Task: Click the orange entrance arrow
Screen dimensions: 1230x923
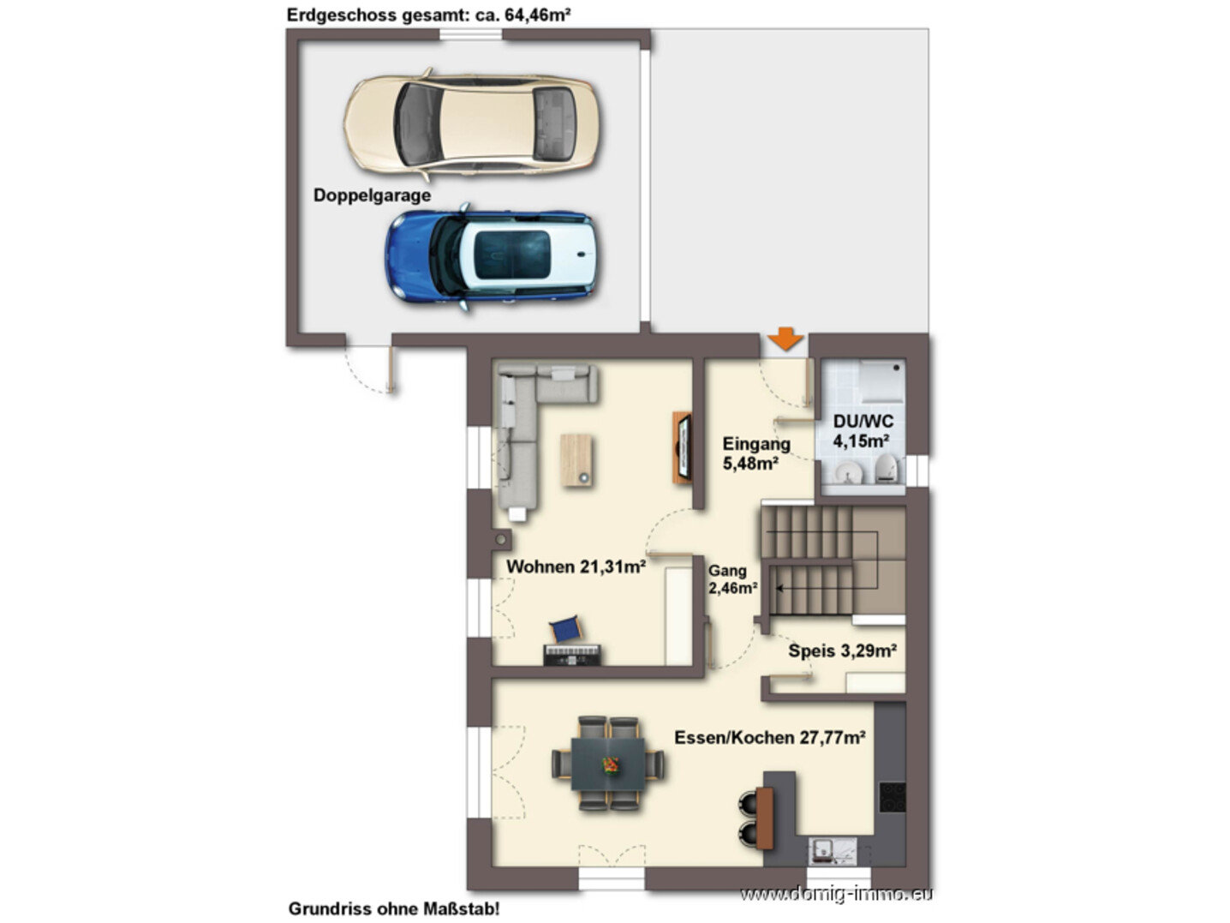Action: [785, 339]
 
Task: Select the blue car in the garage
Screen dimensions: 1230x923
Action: [490, 257]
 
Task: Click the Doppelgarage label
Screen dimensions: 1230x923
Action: [372, 195]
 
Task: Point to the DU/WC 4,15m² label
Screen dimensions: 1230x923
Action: [863, 431]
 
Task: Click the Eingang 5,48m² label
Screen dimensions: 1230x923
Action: [756, 453]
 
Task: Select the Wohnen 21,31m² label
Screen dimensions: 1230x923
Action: [576, 566]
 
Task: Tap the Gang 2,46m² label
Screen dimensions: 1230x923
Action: [732, 579]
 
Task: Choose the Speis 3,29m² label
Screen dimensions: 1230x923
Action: [842, 650]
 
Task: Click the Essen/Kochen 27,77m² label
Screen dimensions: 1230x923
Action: [769, 738]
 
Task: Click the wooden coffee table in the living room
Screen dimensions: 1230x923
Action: [576, 460]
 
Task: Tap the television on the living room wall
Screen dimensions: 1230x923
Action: [683, 447]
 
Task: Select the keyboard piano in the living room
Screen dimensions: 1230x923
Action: [571, 655]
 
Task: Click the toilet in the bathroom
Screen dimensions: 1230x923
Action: [888, 469]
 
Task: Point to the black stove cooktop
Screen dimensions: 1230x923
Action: [892, 797]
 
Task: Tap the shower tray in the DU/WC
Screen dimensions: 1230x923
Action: [882, 381]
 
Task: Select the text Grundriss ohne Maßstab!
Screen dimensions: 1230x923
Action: [393, 909]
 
